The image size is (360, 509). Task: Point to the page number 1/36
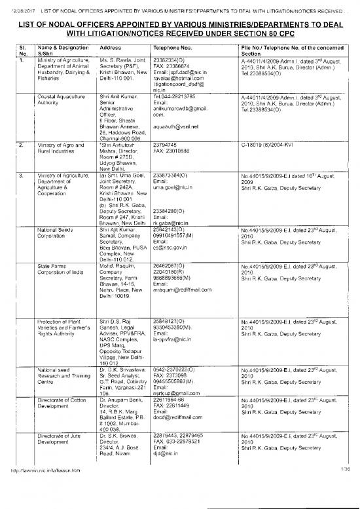coord(345,504)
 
